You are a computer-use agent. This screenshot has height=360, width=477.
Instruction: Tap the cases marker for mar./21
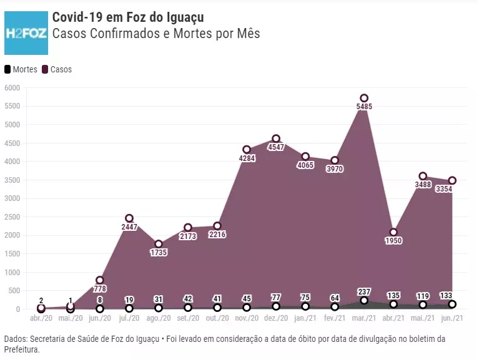click(364, 98)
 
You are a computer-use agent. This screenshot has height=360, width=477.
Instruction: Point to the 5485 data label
click(364, 107)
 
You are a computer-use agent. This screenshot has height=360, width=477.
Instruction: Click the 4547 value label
click(276, 147)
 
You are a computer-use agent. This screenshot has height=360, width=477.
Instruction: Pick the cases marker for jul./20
click(129, 218)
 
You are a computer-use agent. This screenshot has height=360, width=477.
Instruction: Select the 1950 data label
click(393, 241)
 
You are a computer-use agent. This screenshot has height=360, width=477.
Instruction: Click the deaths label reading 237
click(364, 291)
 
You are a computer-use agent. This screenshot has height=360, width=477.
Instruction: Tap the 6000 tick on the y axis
click(12, 88)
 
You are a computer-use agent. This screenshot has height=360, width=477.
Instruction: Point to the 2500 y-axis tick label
click(12, 217)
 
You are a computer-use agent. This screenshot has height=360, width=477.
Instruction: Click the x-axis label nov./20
click(247, 318)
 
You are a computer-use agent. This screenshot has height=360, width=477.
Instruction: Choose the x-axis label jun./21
click(452, 318)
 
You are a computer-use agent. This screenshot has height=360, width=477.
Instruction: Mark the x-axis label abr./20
click(41, 318)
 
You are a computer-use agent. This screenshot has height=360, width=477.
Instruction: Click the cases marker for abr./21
click(393, 232)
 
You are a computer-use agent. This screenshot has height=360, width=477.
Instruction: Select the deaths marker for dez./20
click(276, 306)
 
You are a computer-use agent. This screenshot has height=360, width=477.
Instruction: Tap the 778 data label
click(100, 289)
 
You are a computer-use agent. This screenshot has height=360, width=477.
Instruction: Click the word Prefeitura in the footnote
click(24, 350)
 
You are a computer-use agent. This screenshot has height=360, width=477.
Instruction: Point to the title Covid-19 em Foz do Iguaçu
click(128, 17)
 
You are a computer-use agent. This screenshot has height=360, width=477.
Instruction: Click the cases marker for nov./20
click(247, 150)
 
